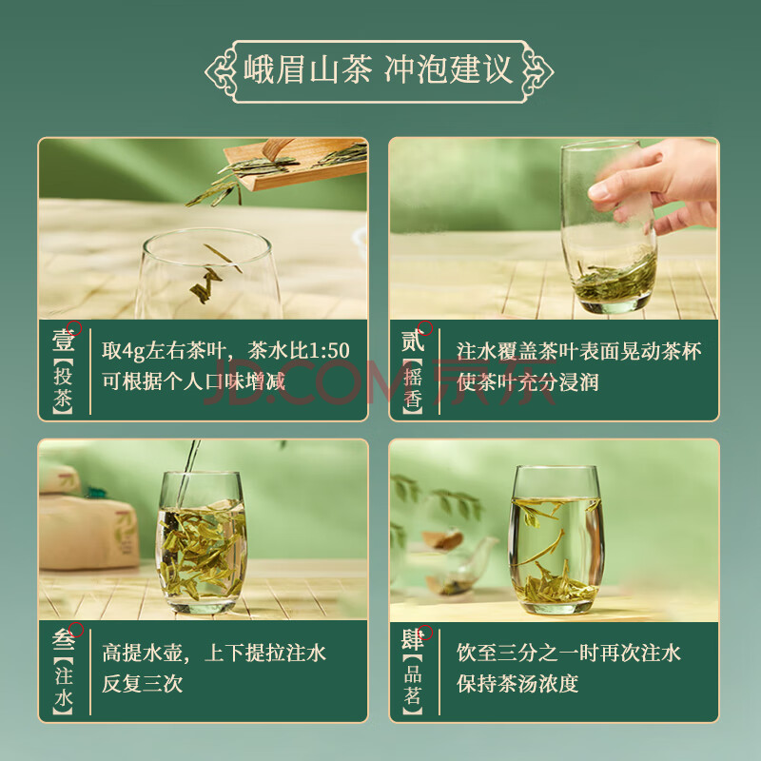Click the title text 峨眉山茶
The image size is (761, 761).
coord(307,69)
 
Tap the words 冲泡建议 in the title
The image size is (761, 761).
coord(449,69)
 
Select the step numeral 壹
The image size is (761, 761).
coord(64,340)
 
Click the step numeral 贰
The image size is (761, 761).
coord(413,341)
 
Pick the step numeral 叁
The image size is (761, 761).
coord(64,640)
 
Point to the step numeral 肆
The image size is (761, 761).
coord(413,640)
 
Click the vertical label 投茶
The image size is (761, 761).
coord(63,387)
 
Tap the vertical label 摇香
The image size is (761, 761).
coord(413,387)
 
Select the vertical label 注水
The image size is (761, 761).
coord(63,687)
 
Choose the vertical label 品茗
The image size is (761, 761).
coord(413,685)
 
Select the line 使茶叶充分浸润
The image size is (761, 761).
coord(527,382)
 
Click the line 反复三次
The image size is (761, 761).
coord(142,684)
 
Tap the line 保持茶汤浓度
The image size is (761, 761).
coord(517,684)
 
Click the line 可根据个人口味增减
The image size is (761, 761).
coord(193,382)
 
